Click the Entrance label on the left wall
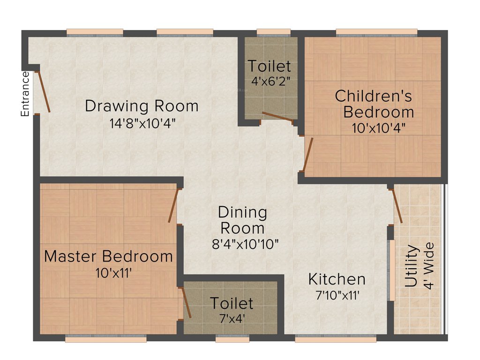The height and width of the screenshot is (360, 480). click(25, 94)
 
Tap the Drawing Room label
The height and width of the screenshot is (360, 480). click(142, 106)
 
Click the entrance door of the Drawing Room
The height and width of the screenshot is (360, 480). click(43, 91)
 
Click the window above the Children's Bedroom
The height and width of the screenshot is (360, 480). click(376, 32)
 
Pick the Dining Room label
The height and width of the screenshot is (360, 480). click(242, 220)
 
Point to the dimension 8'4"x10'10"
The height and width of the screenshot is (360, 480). click(245, 244)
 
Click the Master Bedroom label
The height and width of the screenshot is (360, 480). click(108, 256)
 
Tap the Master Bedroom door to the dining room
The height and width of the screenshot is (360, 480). click(173, 205)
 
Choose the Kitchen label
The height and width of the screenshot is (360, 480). click(337, 279)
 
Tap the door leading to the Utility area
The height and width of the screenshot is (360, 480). click(397, 206)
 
